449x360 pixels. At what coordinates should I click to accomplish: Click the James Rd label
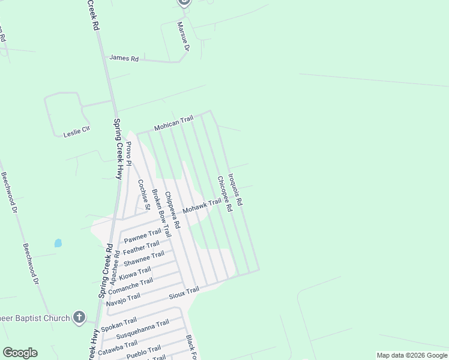pos(124,58)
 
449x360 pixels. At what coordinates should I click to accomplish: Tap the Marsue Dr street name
pos(183,37)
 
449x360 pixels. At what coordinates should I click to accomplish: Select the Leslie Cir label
pos(76,132)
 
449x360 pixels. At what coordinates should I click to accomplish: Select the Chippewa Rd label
pos(172,210)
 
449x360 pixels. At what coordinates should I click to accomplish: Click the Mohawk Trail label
pos(202,207)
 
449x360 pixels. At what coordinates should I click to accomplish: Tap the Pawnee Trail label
pos(142,235)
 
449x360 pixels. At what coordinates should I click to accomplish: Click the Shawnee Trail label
pos(143,259)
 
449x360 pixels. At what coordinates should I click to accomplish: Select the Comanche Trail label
pos(130,285)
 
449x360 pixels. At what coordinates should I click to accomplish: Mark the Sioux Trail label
pos(183,292)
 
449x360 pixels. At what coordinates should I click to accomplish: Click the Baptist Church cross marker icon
pos(79,317)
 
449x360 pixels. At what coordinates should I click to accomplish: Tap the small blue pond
pos(58,243)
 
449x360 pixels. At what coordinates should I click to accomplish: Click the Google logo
pos(20,353)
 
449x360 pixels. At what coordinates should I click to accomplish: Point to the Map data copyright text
pos(411,355)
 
